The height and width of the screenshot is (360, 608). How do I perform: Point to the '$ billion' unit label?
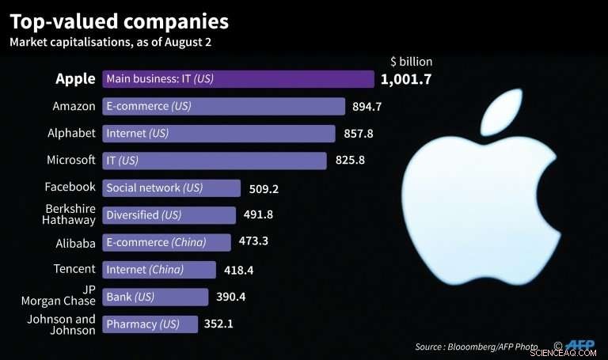411,61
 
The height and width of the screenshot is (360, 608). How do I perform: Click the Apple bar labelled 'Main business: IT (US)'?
237,79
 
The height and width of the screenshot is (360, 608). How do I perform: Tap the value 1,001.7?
406,79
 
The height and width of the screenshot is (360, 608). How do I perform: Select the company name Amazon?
74,106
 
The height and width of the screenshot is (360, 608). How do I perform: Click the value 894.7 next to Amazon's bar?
367,107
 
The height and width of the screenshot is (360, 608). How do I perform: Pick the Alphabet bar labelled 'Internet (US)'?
218,133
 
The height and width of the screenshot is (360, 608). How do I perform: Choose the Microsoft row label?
72,160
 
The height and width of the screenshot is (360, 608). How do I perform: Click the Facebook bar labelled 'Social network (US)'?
171,188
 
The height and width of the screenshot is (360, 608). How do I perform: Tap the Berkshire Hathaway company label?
69,214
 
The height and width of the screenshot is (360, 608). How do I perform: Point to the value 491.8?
258,215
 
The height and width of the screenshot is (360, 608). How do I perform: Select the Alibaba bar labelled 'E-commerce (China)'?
166,242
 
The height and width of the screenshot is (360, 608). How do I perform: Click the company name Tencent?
74,269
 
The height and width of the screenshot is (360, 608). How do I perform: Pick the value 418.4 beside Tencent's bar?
237,270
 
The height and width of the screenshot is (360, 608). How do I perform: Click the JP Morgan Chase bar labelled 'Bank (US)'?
155,297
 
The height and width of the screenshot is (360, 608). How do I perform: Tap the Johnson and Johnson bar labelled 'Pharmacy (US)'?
150,324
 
